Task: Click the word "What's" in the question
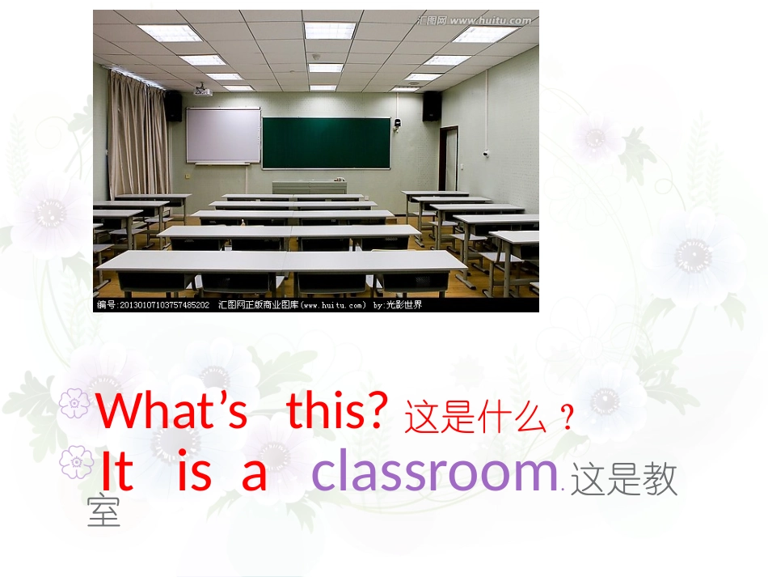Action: tap(172, 410)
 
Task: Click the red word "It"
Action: tap(116, 472)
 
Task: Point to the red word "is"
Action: tap(194, 472)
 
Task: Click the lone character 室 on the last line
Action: tap(103, 512)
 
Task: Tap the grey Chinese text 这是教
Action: tap(623, 481)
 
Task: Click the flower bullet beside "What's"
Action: tap(74, 403)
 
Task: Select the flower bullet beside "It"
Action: tap(76, 462)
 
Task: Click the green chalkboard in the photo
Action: tap(326, 142)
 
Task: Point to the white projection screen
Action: tap(223, 135)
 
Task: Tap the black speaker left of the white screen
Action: tap(173, 106)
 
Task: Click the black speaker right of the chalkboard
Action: tap(433, 106)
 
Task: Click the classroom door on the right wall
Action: tap(449, 159)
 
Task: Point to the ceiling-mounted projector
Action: tap(202, 91)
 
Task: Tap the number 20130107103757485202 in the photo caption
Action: tap(164, 305)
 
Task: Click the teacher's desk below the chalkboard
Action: tap(309, 187)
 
